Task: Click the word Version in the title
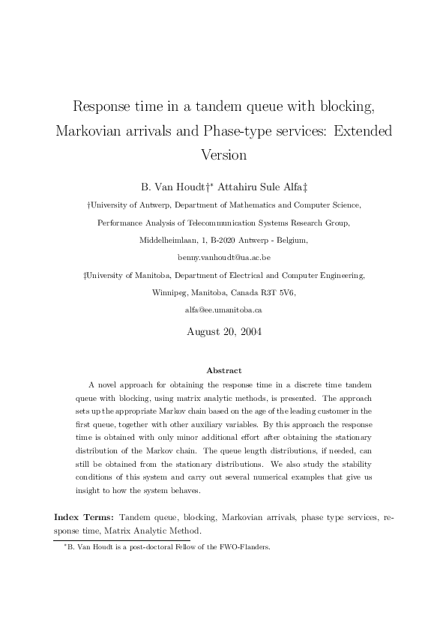point(223,155)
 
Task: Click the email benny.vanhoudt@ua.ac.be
point(223,257)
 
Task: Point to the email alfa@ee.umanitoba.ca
point(223,309)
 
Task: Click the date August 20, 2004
point(223,330)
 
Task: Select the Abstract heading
point(223,370)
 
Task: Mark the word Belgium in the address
point(289,241)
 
